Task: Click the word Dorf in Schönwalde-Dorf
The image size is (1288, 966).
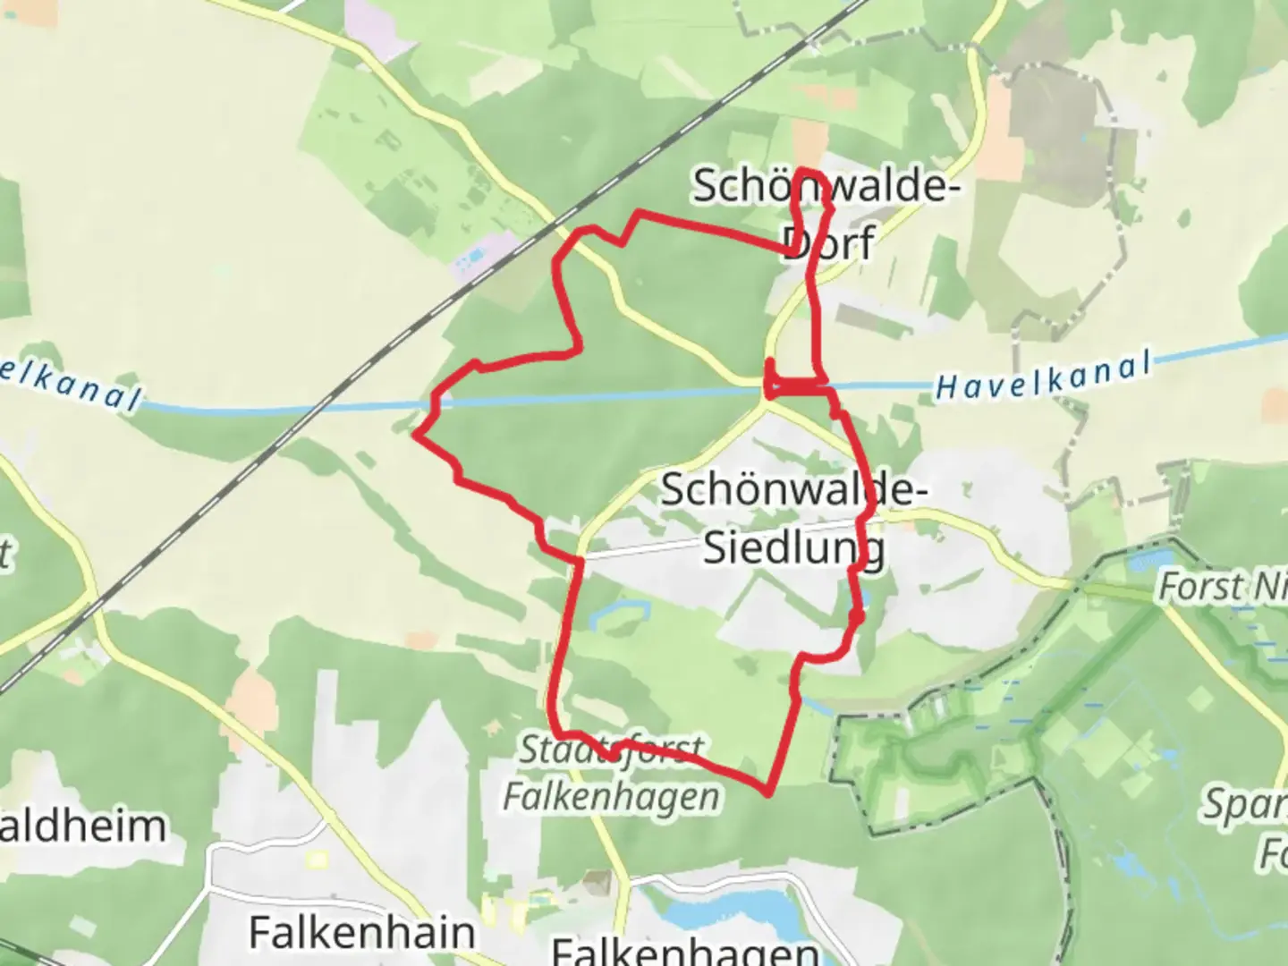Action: [827, 241]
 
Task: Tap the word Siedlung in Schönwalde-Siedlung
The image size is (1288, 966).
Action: [794, 547]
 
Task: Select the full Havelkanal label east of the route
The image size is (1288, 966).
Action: [1043, 377]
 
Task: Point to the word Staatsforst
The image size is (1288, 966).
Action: [612, 750]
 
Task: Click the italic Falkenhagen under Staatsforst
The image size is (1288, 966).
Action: [612, 795]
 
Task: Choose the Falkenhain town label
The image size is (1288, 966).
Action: [361, 932]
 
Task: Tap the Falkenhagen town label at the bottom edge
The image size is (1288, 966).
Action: [685, 950]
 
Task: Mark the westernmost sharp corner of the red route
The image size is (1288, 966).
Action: [415, 436]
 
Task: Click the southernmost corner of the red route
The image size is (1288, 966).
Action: [767, 792]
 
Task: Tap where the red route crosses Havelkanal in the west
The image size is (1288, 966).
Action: [435, 405]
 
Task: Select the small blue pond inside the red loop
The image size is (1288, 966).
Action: [626, 613]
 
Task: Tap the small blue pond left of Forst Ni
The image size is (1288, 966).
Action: [1140, 561]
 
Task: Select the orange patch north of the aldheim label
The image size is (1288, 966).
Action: [251, 699]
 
